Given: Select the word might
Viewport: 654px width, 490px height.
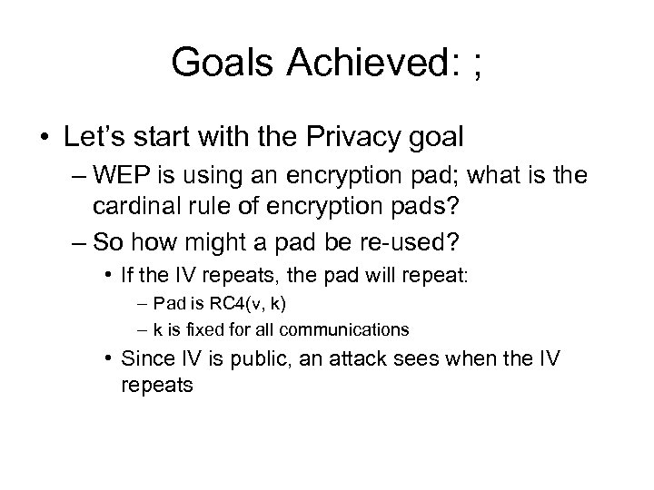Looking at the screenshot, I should (x=215, y=244).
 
